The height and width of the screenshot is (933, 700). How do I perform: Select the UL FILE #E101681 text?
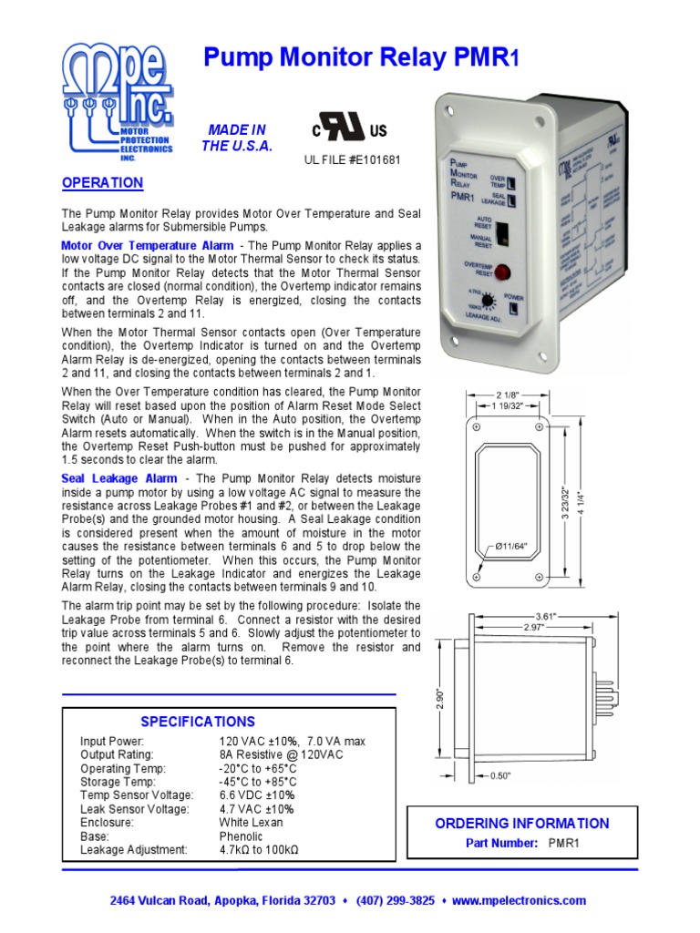(352, 160)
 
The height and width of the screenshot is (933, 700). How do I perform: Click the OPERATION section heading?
(102, 183)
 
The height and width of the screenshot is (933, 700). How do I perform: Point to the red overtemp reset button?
(500, 271)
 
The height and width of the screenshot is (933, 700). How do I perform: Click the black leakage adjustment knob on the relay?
(489, 301)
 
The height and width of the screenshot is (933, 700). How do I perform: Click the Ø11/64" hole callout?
(512, 546)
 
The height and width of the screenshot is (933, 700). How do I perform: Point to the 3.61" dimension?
(543, 617)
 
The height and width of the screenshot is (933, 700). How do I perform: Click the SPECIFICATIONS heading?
(198, 722)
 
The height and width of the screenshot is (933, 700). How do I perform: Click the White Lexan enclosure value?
(251, 822)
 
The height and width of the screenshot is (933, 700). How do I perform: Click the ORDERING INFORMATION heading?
(521, 824)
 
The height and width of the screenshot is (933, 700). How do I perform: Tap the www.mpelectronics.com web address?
(519, 900)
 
